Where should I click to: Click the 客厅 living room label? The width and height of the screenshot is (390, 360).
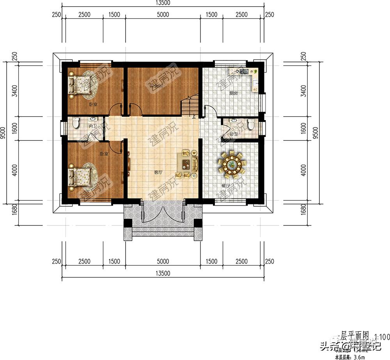tap(158, 172)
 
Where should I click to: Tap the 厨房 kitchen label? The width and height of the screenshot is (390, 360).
tap(234, 93)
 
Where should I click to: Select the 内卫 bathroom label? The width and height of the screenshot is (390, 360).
tap(92, 126)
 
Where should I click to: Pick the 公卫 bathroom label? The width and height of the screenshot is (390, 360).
tap(234, 135)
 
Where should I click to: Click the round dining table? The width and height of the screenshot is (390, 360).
tap(232, 162)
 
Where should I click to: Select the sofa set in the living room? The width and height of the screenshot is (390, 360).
tap(188, 164)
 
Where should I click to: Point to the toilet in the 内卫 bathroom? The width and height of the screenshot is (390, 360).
tap(76, 124)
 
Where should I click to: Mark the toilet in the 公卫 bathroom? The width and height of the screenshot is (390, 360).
tap(251, 125)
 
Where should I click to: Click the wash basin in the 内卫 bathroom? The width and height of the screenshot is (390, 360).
tap(93, 119)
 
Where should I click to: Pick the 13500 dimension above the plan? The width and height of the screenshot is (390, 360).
tap(163, 3)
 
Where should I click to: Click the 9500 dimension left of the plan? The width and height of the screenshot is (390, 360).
tap(3, 133)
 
